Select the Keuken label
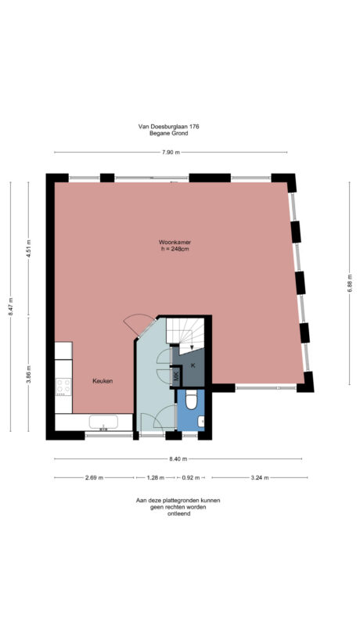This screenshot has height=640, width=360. pos(103,381)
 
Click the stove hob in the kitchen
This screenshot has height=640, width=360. pos(63,387)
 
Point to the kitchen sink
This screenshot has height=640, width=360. pos(103,423)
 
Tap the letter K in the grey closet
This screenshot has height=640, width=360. pos(193,365)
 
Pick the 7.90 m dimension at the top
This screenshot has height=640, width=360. pos(171,152)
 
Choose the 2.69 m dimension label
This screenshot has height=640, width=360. pos(94,477)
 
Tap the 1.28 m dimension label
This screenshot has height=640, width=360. pos(157,477)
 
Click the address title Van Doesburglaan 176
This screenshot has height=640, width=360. pos(170,127)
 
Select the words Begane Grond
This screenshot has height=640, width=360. pos(170,134)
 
